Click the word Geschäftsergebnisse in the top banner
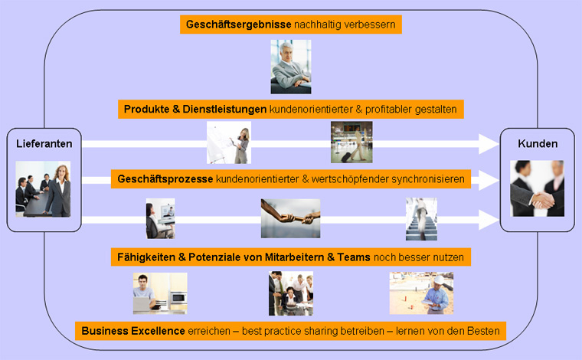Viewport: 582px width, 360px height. tap(238, 25)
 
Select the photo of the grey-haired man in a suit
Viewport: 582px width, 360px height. tap(291, 67)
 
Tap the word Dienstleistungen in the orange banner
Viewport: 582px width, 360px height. tap(224, 110)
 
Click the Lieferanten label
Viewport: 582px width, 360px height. tap(44, 144)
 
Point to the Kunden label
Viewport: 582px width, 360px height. tap(538, 144)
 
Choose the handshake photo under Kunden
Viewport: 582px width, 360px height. tap(537, 188)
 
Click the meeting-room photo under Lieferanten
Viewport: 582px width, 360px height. tap(43, 189)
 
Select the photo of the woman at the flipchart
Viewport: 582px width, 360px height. tap(229, 142)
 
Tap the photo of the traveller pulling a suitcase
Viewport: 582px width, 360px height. tap(351, 142)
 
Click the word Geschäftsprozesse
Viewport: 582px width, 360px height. tap(165, 179)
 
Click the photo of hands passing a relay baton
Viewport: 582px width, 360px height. tap(291, 218)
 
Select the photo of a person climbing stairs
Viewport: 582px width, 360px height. tap(421, 219)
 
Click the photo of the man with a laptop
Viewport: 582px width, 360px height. tap(160, 293)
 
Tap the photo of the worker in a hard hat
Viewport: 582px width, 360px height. tap(421, 293)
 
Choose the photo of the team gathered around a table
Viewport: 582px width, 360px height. tap(291, 293)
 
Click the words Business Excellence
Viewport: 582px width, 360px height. tap(133, 331)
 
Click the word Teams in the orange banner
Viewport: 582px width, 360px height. tap(354, 257)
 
